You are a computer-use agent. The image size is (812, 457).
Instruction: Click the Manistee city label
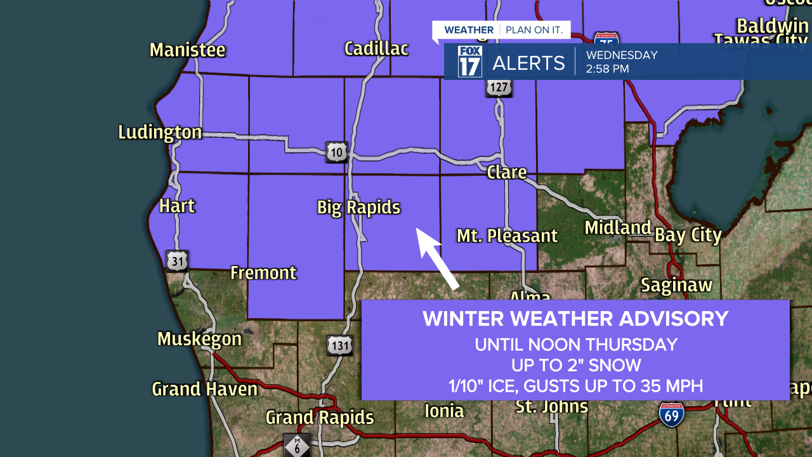[187, 50]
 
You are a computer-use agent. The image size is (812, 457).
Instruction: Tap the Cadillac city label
[376, 49]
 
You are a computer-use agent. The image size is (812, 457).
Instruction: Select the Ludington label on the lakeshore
[160, 132]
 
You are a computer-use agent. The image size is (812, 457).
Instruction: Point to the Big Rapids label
[358, 208]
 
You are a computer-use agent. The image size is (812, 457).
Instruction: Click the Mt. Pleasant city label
[507, 236]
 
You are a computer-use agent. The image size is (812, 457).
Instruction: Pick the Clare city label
[507, 173]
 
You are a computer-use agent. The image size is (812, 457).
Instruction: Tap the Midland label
[618, 228]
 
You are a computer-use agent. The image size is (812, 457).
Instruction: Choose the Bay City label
[688, 235]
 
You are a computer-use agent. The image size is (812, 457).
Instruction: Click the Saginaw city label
[676, 286]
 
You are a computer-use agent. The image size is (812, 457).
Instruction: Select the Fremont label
[263, 273]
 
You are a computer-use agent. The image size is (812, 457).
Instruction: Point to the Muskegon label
[199, 339]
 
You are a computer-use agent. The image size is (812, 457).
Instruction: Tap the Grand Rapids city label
[319, 418]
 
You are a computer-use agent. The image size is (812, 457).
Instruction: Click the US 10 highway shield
[337, 152]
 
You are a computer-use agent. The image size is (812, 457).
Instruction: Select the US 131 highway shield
[340, 345]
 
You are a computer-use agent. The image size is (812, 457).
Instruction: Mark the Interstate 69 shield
[671, 414]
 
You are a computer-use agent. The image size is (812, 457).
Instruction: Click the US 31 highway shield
[178, 260]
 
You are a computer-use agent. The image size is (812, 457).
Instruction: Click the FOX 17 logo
[470, 62]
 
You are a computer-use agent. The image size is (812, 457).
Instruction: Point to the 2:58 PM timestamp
[607, 69]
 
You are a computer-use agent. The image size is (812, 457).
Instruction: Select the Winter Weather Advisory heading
[575, 319]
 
